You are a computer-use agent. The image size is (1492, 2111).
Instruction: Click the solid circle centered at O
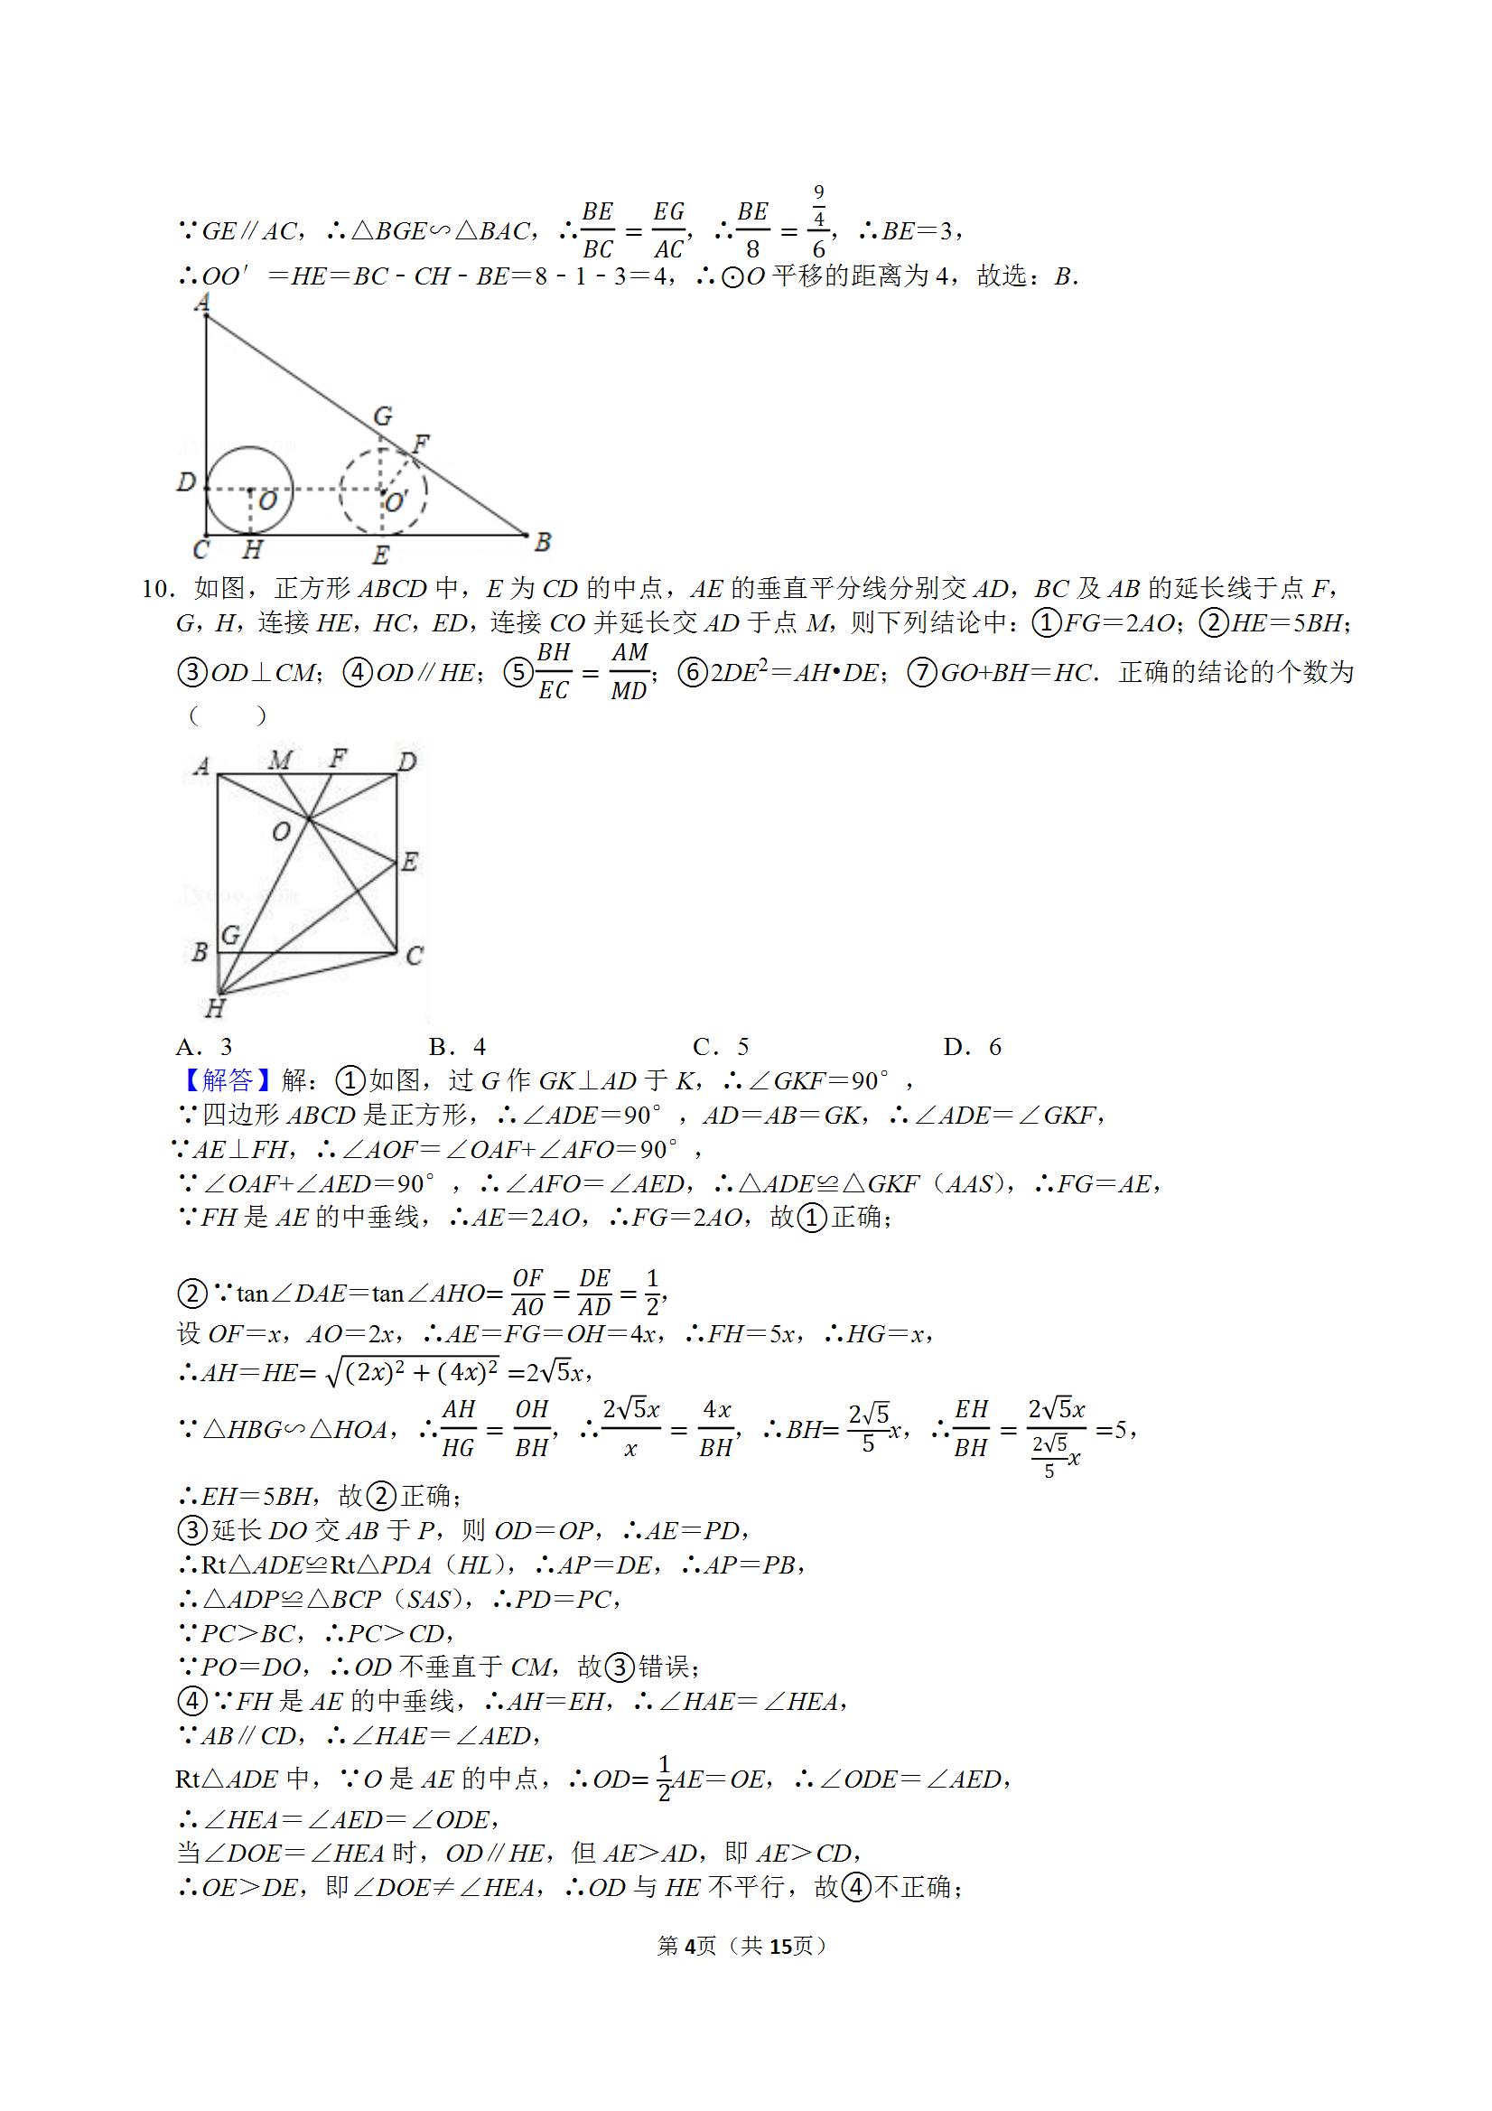coord(249,490)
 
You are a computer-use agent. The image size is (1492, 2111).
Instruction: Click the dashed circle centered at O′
coord(382,491)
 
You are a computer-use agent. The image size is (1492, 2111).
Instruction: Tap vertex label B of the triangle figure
coord(543,543)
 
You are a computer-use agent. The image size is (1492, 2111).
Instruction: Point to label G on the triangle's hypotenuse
coord(383,416)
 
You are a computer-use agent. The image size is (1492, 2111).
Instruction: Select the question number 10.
coord(158,589)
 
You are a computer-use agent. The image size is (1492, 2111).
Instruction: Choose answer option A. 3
coord(204,1046)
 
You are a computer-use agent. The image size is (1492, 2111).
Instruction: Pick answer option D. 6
coord(972,1046)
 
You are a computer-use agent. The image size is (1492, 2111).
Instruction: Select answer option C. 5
coord(721,1046)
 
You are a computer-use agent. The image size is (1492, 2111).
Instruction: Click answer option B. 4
coord(457,1046)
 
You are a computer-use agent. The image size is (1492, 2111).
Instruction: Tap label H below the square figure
coord(214,1009)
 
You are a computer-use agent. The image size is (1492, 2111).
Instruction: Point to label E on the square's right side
coord(410,862)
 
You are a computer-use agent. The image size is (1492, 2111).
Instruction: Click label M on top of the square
coord(280,760)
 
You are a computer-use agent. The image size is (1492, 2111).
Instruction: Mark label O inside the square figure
coord(281,831)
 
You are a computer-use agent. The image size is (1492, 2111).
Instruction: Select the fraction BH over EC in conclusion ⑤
coord(554,671)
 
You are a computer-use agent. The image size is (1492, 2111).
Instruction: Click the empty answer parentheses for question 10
coord(228,715)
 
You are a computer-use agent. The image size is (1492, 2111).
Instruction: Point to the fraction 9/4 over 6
coord(818,221)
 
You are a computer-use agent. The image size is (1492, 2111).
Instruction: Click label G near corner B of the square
coord(230,934)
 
